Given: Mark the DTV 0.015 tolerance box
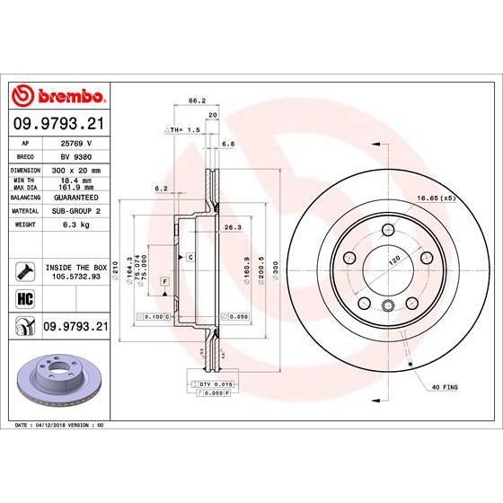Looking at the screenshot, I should (209, 384).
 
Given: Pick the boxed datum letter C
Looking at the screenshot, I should (191, 258).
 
